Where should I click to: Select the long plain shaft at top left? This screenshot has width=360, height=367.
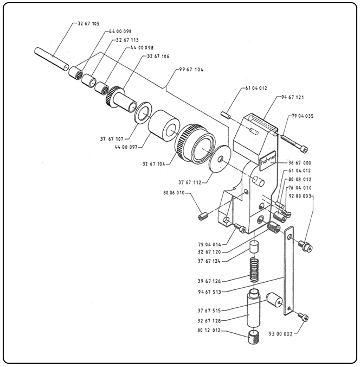click(51, 59)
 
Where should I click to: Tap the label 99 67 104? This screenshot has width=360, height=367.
click(191, 71)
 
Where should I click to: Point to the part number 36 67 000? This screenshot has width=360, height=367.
click(299, 162)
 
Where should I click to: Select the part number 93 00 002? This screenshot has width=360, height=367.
click(280, 334)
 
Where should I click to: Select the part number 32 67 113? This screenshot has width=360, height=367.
click(127, 40)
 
